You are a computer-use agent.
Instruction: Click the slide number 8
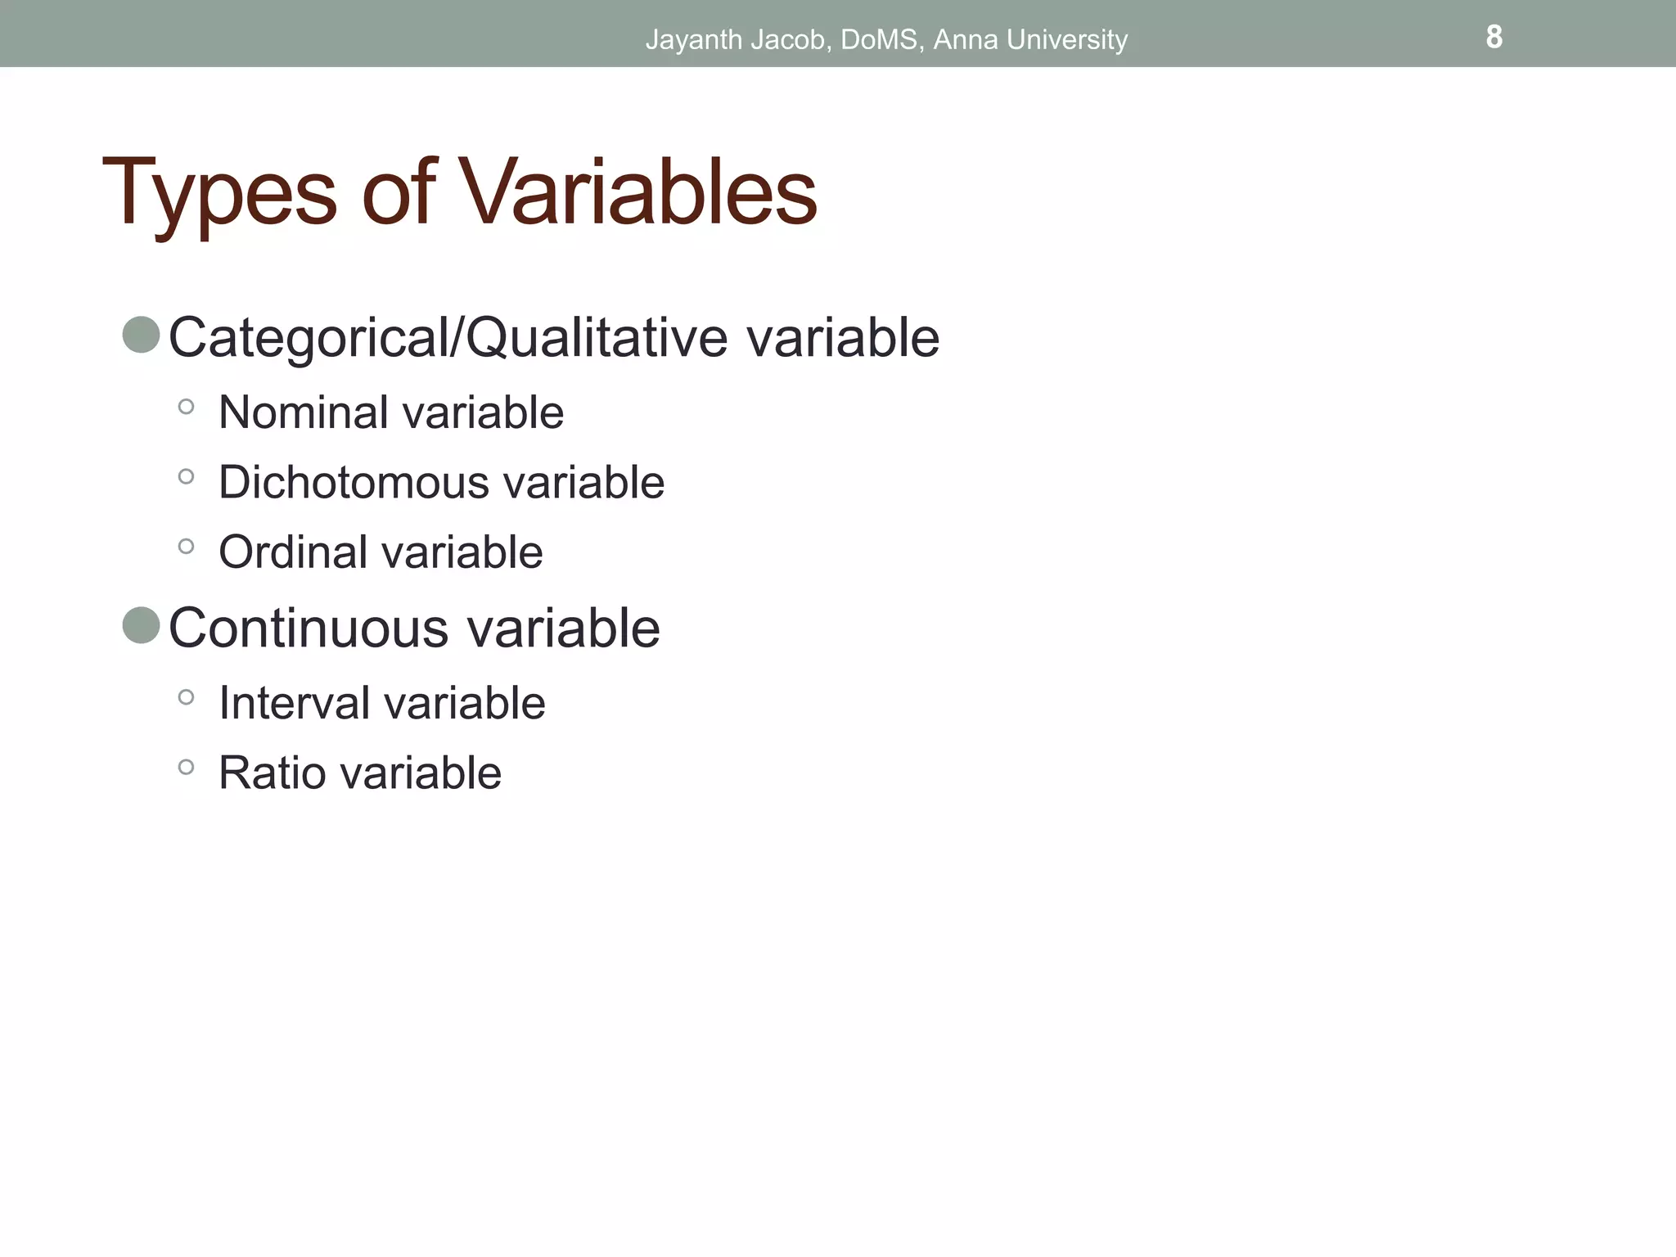(1494, 37)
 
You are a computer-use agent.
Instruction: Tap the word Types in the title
(219, 194)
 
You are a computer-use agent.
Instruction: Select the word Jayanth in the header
(693, 40)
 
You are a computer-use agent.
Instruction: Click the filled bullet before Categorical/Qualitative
(141, 336)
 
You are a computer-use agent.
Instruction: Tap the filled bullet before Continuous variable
(141, 626)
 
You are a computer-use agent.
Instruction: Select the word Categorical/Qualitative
(447, 338)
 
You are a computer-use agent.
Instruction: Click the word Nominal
(303, 412)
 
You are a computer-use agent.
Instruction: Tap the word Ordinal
(293, 552)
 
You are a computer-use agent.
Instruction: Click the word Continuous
(309, 628)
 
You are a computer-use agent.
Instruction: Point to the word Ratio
(272, 773)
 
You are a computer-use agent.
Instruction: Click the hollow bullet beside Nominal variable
(186, 407)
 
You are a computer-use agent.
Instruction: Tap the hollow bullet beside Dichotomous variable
(186, 476)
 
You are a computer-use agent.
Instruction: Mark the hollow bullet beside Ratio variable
(186, 767)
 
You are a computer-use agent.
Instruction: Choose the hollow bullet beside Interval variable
(186, 697)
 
